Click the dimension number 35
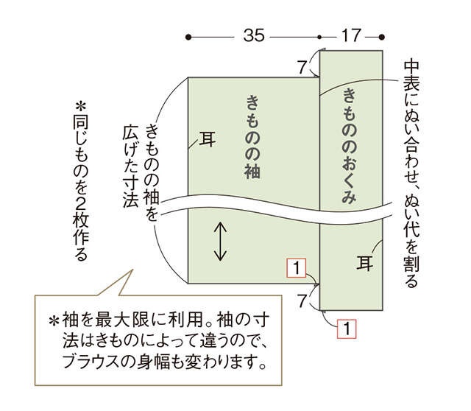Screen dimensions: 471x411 [x=254, y=35]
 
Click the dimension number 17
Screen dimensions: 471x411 [x=351, y=35]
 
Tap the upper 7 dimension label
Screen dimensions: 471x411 [x=302, y=67]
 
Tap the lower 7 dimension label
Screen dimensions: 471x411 [x=302, y=301]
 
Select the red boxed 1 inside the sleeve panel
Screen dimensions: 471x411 [x=297, y=267]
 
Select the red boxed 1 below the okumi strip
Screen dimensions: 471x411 [x=347, y=329]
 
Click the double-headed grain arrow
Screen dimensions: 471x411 [x=220, y=241]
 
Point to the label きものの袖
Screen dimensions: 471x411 [x=252, y=137]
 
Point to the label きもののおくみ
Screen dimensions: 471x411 [x=350, y=146]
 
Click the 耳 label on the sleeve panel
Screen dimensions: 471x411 [x=208, y=139]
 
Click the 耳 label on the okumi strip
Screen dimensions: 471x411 [x=365, y=263]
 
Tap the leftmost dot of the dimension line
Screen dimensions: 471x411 [x=188, y=38]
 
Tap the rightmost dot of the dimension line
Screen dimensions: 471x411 [x=382, y=38]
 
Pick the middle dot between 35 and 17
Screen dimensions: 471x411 [x=319, y=38]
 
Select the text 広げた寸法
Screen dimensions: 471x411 [x=131, y=166]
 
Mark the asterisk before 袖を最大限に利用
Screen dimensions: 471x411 [x=54, y=320]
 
